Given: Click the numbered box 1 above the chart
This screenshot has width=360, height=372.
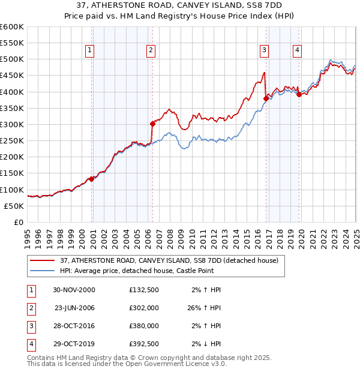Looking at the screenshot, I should pos(89,50).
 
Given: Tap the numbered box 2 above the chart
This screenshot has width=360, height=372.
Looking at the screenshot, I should pos(151,50).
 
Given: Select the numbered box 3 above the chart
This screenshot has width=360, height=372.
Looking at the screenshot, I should pos(264,50).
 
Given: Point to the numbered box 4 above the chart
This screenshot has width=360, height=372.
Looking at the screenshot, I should pos(297,50).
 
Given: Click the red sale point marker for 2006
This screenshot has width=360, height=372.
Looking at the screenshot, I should pos(152,124).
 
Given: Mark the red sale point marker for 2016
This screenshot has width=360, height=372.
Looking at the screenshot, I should pos(266,98).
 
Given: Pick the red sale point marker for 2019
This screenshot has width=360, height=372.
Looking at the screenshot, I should pos(299,94).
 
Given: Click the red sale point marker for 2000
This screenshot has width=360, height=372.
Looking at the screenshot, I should pos(91,179).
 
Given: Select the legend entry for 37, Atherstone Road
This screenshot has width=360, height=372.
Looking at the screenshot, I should pos(169,261).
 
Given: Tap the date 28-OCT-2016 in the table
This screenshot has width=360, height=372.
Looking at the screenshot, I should pos(74,326).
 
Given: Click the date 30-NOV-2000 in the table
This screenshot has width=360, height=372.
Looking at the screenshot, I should pos(74,290).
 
